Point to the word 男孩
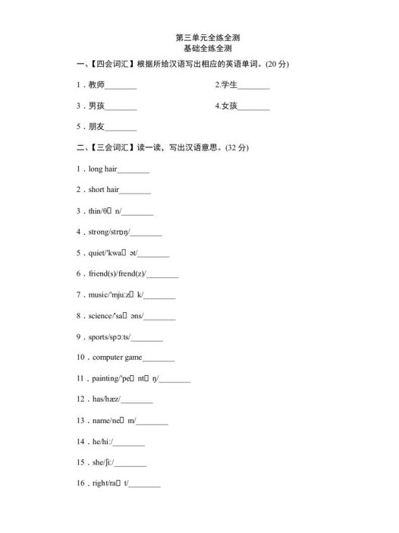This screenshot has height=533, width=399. (96, 106)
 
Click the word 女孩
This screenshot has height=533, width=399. (230, 106)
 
